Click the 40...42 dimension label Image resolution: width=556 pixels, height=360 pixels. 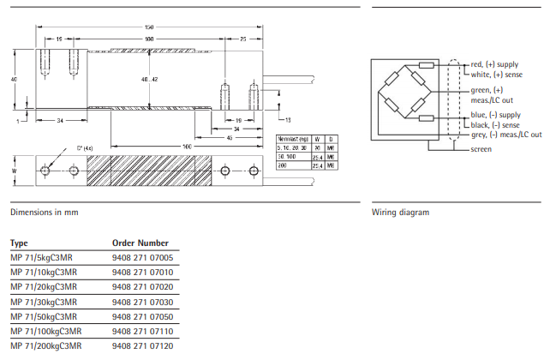coord(150,79)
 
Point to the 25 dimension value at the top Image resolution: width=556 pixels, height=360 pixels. coord(243,39)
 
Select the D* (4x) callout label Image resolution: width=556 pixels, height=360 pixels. coord(84,147)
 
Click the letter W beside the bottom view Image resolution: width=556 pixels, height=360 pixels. coord(15,171)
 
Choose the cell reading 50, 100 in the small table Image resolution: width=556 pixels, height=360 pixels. coord(289,157)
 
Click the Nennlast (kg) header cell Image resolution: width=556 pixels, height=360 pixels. coord(294,138)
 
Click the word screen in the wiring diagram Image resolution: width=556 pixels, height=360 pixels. coord(481,149)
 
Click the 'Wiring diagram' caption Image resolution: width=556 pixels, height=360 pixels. coord(400,212)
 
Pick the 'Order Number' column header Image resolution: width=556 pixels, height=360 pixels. coord(140,243)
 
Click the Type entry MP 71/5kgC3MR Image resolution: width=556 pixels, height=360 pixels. coord(41,257)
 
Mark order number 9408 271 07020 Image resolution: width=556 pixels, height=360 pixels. coord(142,286)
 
